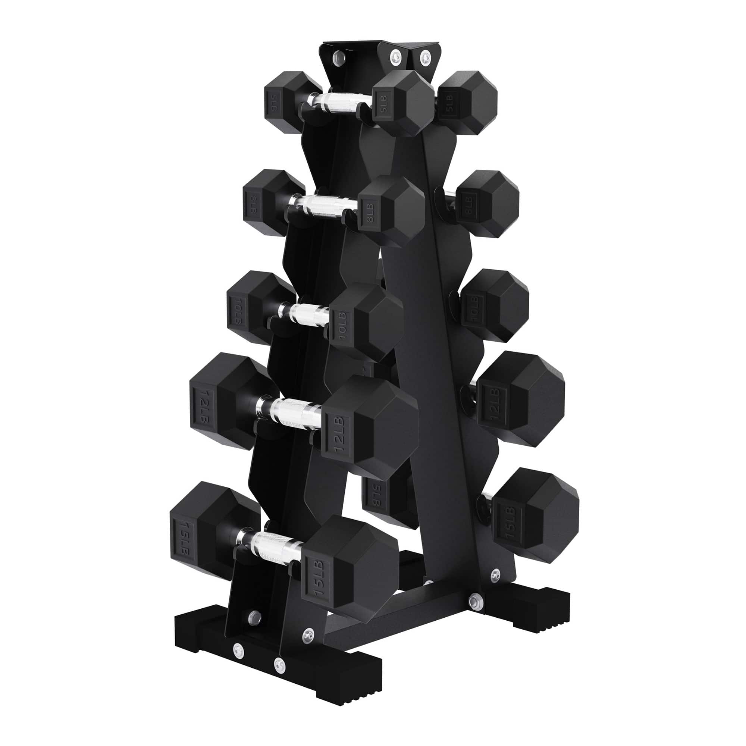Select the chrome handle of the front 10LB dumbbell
(x=305, y=311)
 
